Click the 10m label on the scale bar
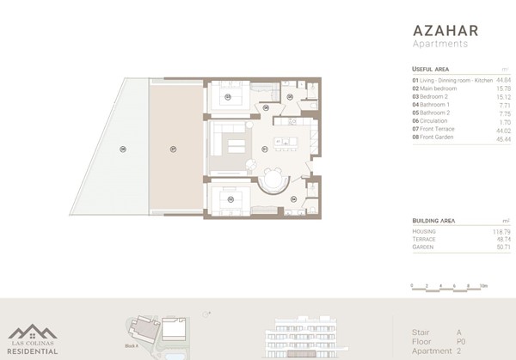[483, 285]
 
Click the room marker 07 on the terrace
[173, 148]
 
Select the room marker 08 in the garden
[124, 149]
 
